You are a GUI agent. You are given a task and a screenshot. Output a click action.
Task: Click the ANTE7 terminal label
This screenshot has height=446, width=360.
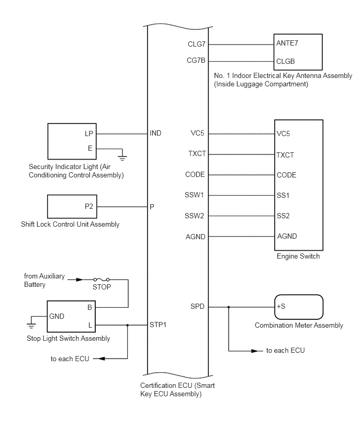287,44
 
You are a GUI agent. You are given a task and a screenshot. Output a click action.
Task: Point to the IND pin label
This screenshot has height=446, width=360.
155,133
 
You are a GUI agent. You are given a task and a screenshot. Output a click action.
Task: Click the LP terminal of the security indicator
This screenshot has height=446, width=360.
89,133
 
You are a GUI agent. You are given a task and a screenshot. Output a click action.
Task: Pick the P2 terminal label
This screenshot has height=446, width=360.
89,206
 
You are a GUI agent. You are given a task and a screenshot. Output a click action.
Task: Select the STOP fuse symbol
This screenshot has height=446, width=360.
102,280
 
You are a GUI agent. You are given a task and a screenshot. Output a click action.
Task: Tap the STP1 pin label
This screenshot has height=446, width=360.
158,325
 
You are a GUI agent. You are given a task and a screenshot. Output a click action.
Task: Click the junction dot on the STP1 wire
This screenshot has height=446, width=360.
128,325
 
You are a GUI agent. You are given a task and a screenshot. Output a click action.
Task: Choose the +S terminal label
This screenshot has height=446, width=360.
281,307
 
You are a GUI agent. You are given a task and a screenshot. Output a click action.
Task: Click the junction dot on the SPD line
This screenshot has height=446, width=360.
229,307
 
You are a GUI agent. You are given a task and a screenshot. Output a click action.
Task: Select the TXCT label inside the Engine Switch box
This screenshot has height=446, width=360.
285,155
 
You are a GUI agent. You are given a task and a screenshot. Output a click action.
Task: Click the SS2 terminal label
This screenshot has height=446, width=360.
283,216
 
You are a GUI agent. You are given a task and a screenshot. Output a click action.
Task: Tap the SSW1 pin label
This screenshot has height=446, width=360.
195,195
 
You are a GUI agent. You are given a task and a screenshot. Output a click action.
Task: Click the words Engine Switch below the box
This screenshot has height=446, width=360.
298,257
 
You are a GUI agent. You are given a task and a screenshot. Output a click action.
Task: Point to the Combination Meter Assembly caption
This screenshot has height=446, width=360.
299,325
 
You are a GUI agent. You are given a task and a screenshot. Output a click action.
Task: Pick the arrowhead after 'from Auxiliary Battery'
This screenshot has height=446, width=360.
80,280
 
